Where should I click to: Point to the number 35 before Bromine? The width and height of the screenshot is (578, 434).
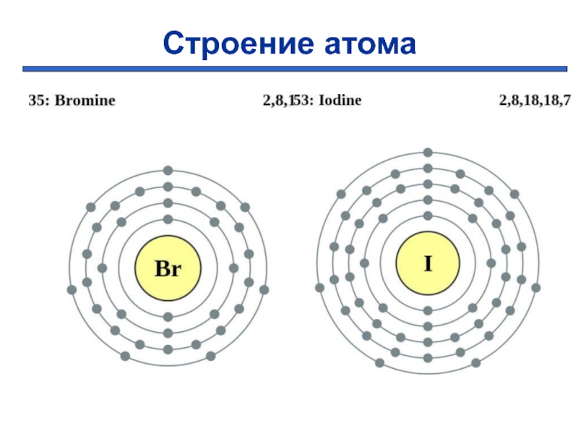click(36, 101)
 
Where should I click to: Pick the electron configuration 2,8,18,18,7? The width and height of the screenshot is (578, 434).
click(535, 101)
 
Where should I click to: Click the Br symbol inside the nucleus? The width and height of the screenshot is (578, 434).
click(168, 269)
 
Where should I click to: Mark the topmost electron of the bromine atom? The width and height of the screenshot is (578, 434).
click(168, 171)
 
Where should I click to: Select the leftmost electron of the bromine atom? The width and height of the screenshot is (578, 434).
click(72, 290)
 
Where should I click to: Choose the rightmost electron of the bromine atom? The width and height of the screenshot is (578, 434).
click(264, 290)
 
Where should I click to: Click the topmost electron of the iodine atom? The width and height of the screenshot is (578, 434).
click(428, 153)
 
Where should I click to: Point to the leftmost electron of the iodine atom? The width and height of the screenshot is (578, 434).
click(320, 288)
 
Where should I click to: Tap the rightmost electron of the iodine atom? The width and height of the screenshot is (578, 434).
click(535, 288)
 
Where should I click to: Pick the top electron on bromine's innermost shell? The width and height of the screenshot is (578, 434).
click(168, 219)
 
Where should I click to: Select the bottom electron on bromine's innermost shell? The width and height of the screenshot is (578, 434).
click(168, 317)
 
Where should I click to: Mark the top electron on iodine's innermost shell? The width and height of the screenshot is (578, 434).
click(428, 216)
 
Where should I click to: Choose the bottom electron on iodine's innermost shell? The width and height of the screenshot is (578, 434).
click(428, 311)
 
